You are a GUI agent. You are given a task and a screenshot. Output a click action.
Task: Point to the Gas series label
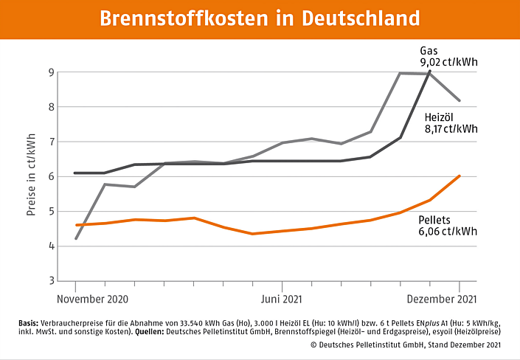(429, 50)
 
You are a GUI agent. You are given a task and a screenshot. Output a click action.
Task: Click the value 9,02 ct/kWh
(448, 63)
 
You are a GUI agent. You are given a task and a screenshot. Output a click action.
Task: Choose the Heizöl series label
(440, 117)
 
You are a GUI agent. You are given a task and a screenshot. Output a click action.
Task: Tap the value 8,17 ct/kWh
(451, 129)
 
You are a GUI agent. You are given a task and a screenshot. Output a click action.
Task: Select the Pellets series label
(435, 219)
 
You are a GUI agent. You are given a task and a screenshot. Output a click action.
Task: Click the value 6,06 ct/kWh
(448, 231)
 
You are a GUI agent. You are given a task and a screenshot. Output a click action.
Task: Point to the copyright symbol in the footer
(313, 345)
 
